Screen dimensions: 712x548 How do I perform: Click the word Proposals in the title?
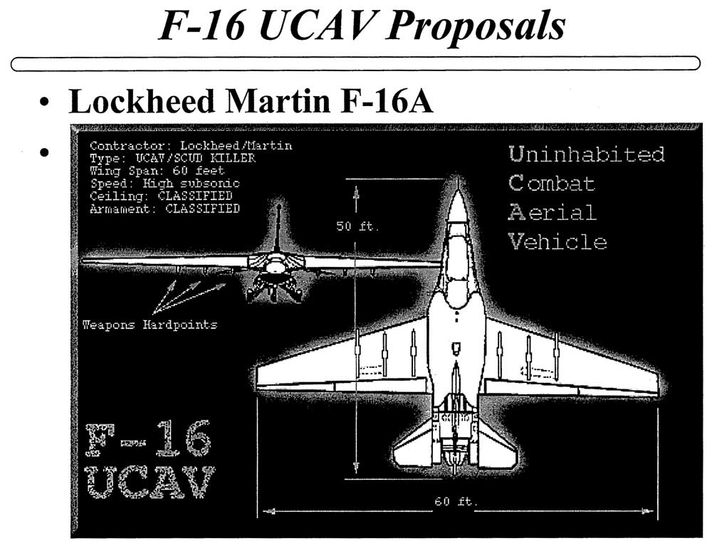pyautogui.click(x=476, y=26)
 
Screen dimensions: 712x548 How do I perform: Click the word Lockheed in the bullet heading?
pyautogui.click(x=141, y=101)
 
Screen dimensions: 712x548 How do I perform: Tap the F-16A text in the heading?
pyautogui.click(x=387, y=101)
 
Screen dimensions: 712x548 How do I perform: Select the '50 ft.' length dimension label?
pyautogui.click(x=357, y=226)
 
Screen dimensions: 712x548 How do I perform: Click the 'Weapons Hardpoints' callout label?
pyautogui.click(x=150, y=325)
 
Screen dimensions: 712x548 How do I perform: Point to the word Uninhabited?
pyautogui.click(x=587, y=154)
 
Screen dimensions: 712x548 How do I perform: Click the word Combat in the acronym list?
pyautogui.click(x=551, y=183)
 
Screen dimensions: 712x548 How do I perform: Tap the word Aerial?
pyautogui.click(x=553, y=212)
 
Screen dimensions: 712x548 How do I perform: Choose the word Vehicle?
pyautogui.click(x=557, y=241)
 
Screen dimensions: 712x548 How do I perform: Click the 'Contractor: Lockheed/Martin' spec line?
pyautogui.click(x=191, y=146)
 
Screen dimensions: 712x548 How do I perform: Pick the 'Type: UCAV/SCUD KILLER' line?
pyautogui.click(x=172, y=158)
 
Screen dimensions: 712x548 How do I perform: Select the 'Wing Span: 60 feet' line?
pyautogui.click(x=157, y=171)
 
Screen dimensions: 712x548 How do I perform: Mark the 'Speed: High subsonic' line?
pyautogui.click(x=164, y=184)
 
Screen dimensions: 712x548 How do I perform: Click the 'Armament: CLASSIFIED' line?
pyautogui.click(x=164, y=209)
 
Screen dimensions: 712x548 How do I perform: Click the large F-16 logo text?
pyautogui.click(x=148, y=438)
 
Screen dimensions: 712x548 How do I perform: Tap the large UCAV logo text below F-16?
pyautogui.click(x=150, y=482)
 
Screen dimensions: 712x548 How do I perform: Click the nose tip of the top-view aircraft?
pyautogui.click(x=458, y=179)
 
